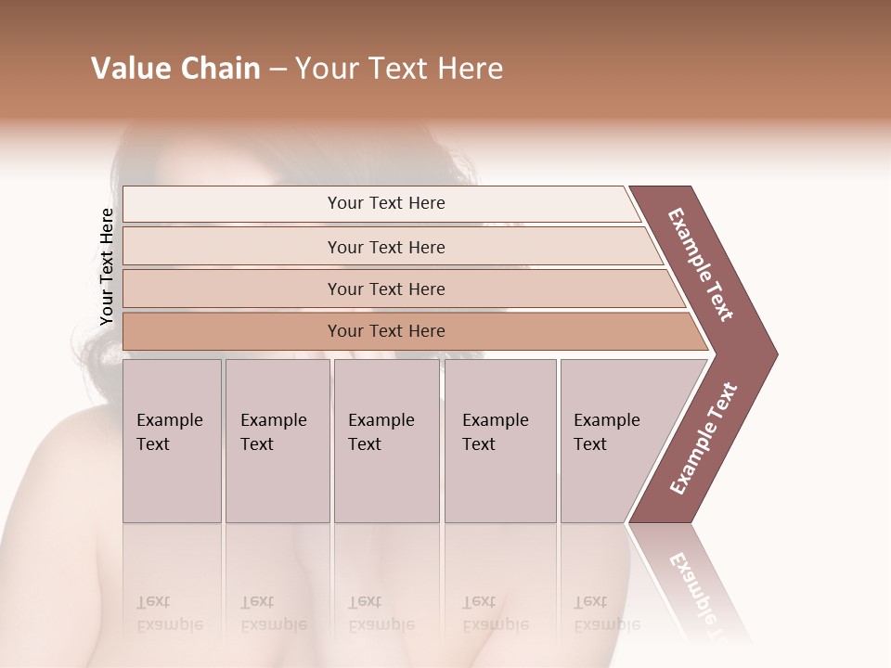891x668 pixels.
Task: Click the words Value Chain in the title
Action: (175, 69)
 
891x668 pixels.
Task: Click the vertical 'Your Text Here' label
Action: (107, 266)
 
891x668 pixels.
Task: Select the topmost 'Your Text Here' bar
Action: (386, 203)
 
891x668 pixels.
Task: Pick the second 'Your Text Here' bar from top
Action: (386, 247)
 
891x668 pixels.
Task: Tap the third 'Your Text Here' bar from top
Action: (386, 289)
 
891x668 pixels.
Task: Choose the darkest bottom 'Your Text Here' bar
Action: (386, 331)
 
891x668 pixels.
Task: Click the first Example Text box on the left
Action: (172, 441)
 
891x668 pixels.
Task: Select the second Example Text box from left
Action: (277, 441)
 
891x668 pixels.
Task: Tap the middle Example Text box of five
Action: (386, 441)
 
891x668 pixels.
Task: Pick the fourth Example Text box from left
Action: (499, 441)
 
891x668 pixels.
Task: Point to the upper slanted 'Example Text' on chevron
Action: (701, 264)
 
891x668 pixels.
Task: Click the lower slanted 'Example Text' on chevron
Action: (704, 439)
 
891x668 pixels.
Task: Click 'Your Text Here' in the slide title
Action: (399, 69)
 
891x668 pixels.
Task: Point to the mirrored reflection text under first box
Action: (169, 613)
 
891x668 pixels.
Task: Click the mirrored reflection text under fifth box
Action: (606, 613)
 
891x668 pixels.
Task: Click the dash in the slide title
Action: (278, 70)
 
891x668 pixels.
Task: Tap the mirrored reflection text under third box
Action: (381, 613)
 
